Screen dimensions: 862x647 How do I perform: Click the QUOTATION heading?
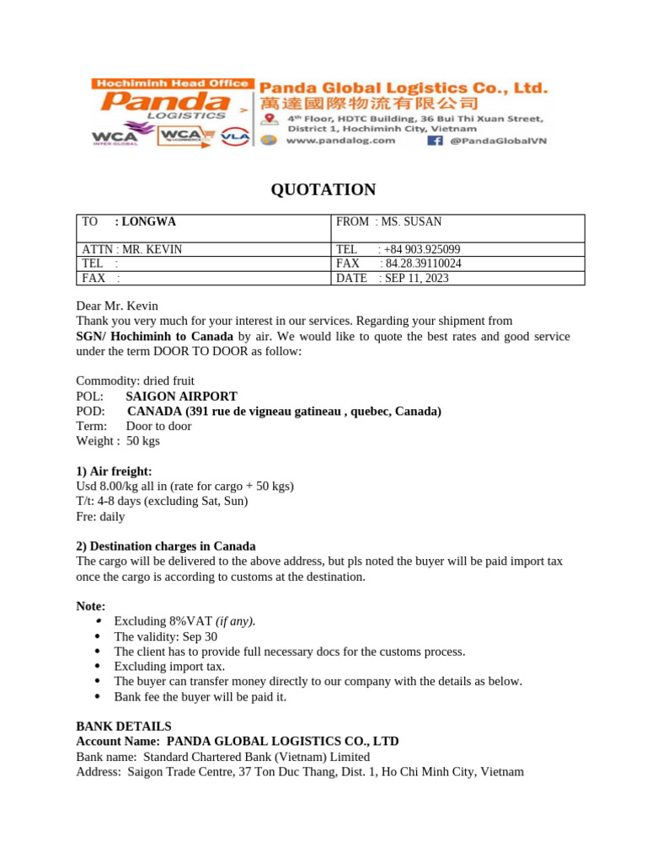click(x=323, y=189)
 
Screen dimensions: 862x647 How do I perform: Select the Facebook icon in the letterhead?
click(x=435, y=141)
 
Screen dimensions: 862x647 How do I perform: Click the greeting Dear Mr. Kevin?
click(x=117, y=306)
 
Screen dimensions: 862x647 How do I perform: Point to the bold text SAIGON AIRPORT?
click(x=181, y=396)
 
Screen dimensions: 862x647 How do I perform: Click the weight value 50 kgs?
click(x=142, y=441)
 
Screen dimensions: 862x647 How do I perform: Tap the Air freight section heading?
click(x=114, y=471)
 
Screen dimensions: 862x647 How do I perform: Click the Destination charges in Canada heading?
click(x=166, y=546)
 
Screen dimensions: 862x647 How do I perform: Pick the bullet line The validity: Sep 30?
click(x=165, y=637)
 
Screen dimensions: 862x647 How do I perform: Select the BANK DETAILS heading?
click(x=124, y=726)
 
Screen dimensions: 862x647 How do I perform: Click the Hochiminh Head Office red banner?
click(x=171, y=83)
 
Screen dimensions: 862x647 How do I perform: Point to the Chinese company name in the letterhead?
click(x=368, y=104)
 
